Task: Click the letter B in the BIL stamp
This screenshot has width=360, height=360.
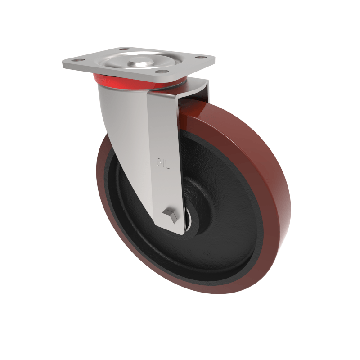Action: [x=158, y=162]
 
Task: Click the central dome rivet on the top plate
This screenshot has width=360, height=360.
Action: [x=139, y=59]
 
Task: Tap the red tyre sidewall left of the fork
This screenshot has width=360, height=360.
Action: [x=104, y=180]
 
